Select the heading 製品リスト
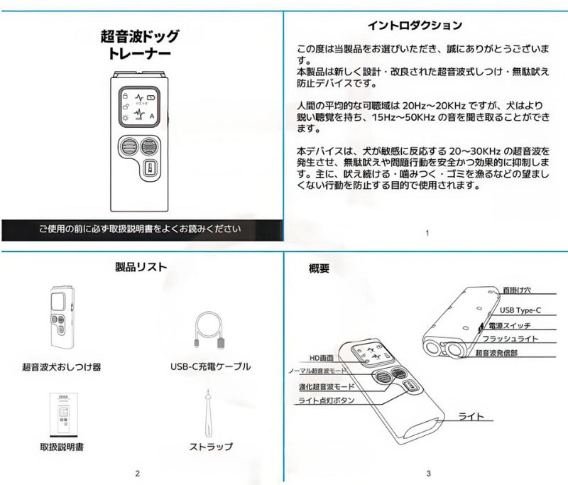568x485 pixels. [141, 267]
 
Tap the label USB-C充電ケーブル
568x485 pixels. [210, 366]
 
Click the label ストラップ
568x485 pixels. [211, 447]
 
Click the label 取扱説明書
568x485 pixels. [62, 447]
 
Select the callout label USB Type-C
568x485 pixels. [525, 310]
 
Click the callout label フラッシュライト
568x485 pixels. [521, 339]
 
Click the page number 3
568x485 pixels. [429, 473]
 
